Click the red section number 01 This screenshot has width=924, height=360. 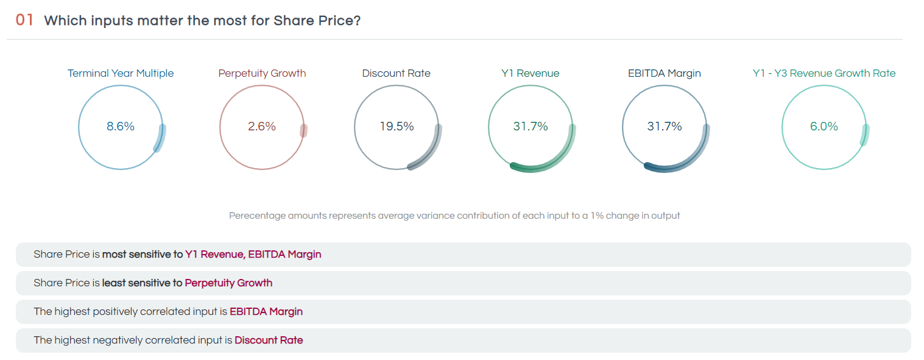24,20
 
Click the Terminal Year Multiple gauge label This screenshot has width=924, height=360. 121,73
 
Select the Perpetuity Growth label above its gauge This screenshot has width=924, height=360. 262,73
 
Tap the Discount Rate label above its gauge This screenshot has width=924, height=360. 396,73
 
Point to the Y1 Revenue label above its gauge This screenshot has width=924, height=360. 530,73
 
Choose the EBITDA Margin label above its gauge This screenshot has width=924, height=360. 664,73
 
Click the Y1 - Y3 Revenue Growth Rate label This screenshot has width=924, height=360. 824,73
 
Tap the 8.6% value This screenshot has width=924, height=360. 121,127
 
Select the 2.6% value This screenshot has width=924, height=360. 262,127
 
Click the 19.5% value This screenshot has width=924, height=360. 397,127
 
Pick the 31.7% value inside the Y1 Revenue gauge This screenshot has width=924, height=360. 531,127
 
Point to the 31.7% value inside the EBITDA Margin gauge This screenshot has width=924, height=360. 665,127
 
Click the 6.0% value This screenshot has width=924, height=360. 824,127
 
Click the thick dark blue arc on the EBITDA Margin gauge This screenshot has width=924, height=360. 685,163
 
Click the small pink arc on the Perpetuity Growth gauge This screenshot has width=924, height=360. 303,131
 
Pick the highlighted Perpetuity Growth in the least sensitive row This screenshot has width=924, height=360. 228,283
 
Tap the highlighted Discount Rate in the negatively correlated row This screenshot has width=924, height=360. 269,340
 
